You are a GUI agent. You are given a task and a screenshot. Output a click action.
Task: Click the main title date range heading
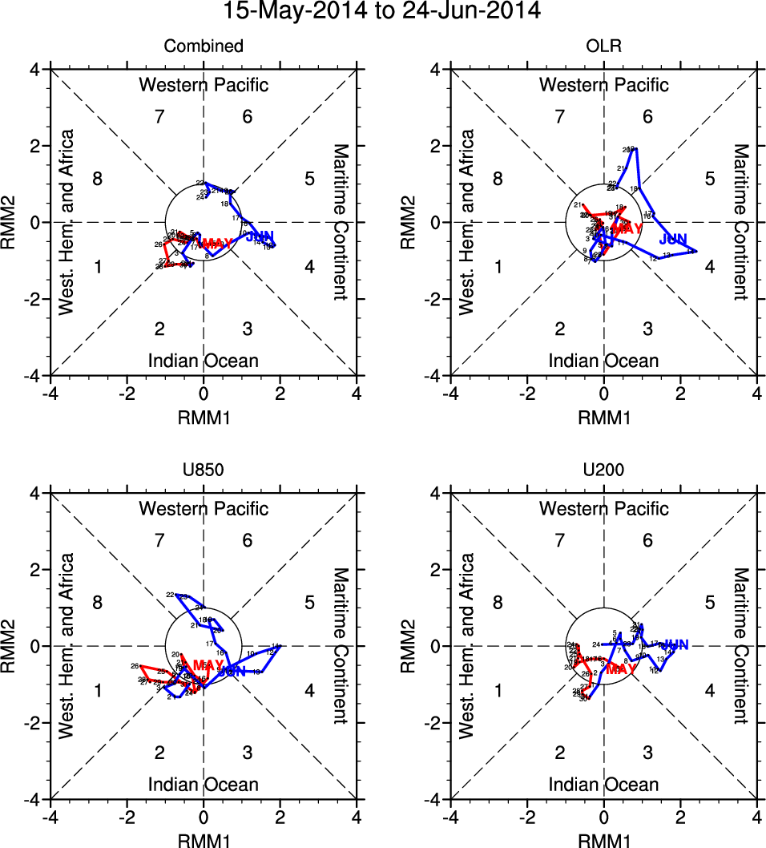pyautogui.click(x=382, y=12)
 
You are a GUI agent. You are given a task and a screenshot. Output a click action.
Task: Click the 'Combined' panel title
pyautogui.click(x=204, y=46)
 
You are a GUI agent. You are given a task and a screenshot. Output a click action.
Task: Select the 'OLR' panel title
pyautogui.click(x=603, y=46)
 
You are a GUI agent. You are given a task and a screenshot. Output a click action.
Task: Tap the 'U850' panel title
pyautogui.click(x=204, y=470)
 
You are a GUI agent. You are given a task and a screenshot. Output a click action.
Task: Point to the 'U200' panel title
pyautogui.click(x=603, y=470)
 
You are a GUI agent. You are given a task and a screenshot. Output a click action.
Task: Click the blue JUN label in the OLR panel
pyautogui.click(x=674, y=239)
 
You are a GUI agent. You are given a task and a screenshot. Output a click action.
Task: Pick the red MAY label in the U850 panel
pyautogui.click(x=208, y=665)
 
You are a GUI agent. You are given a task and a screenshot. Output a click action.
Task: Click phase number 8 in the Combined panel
pyautogui.click(x=97, y=179)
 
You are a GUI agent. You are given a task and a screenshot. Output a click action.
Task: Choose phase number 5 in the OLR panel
pyautogui.click(x=709, y=179)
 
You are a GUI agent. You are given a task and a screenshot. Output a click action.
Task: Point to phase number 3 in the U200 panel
pyautogui.click(x=647, y=753)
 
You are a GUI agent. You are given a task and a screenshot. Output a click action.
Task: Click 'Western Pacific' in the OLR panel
pyautogui.click(x=603, y=84)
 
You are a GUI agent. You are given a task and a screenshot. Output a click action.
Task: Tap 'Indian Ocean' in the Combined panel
pyautogui.click(x=204, y=361)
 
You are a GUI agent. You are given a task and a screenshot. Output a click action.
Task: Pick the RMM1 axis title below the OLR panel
pyautogui.click(x=603, y=417)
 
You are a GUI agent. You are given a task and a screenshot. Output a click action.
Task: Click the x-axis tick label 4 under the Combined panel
pyautogui.click(x=357, y=394)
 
